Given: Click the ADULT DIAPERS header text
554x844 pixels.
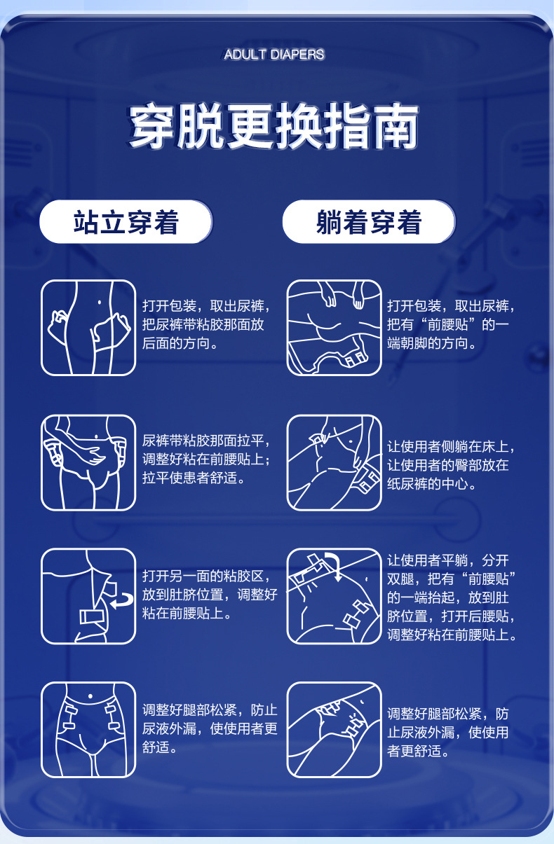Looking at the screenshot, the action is (x=273, y=55).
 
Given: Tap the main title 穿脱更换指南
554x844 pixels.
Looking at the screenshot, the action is (x=273, y=126).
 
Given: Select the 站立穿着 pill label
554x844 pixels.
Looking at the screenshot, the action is (x=126, y=222).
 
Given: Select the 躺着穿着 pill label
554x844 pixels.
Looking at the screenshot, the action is (x=369, y=222).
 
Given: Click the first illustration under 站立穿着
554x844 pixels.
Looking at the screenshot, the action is (x=88, y=328).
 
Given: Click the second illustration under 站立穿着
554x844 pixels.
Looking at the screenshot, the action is (x=88, y=463).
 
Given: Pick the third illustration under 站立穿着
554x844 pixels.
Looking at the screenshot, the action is (x=88, y=596).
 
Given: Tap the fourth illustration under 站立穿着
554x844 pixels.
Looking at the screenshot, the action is (x=88, y=730).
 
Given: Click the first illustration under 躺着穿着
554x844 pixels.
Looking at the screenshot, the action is (x=334, y=328).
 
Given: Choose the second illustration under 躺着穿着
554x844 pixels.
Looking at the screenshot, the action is (x=334, y=463).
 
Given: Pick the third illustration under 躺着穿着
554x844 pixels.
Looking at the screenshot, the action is (x=334, y=596).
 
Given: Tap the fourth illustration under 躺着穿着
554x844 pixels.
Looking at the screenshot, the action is (x=334, y=730).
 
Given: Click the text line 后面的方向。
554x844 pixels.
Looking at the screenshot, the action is (x=180, y=343).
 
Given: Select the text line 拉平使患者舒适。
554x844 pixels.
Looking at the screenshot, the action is (x=194, y=478).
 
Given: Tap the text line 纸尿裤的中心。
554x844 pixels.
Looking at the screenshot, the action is (x=432, y=484).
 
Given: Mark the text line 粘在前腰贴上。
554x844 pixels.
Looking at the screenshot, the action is (x=187, y=614).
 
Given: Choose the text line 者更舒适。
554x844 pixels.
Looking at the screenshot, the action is (x=419, y=752).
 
